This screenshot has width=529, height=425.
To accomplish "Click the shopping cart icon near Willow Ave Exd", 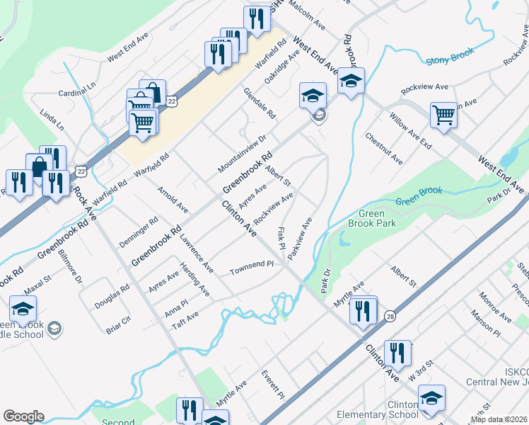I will coord(443,115).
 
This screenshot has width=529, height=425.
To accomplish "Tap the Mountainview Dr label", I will coord(242,148).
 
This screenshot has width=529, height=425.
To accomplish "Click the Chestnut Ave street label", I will coord(384,148).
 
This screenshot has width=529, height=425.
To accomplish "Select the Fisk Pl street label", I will coord(281,239).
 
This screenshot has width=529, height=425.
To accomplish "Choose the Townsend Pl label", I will coord(251,267).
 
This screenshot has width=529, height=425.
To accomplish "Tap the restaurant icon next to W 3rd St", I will coord(397,354).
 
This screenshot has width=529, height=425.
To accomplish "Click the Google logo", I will coord(23,416).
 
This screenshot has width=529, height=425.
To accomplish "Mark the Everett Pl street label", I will coord(272,383).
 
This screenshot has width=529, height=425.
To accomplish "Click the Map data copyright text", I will coord(499,419).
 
